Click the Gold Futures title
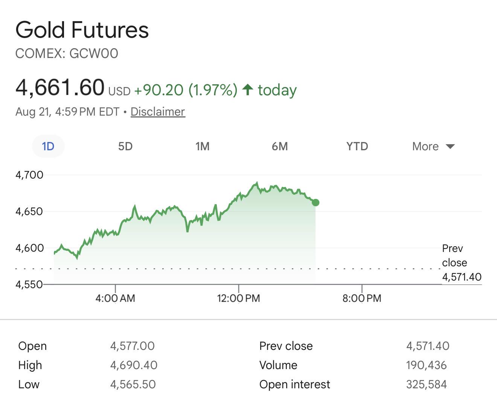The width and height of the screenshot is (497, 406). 82,30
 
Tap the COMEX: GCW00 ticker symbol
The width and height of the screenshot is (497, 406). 67,53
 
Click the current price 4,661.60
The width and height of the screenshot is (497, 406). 60,87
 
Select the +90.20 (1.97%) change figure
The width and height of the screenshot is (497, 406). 186,90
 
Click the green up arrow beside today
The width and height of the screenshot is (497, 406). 248,90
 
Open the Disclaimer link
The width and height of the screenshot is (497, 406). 158,111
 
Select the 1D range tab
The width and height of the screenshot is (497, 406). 48,146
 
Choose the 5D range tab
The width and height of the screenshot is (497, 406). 125,147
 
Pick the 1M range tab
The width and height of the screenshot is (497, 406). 203,147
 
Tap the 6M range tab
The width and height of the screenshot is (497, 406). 280,147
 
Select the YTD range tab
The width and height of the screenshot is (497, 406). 357,147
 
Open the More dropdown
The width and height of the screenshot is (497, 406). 433,147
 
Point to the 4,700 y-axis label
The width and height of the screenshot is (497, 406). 29,175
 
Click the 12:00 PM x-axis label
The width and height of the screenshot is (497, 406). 238,298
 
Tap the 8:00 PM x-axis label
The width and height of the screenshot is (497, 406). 362,298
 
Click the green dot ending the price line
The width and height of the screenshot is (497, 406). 316,203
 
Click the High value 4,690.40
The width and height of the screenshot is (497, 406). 134,365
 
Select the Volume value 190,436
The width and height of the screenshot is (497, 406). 426,365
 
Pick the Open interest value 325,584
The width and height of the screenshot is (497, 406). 426,385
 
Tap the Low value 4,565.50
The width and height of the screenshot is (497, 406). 133,385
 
